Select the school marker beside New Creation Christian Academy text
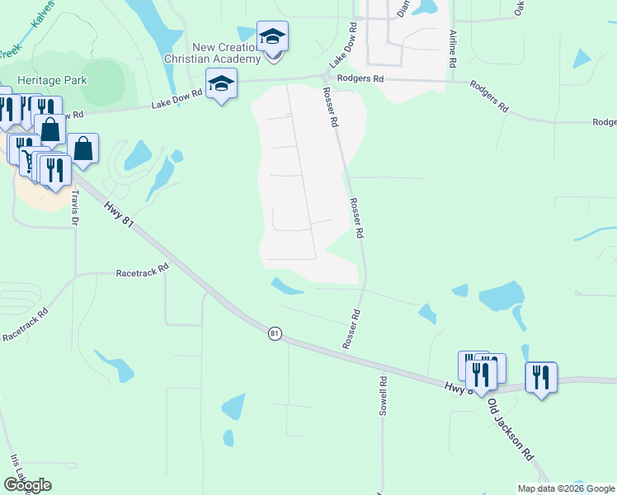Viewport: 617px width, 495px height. pos(272,38)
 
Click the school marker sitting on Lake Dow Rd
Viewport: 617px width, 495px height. pos(221,84)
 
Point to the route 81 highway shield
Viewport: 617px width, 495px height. pos(275,333)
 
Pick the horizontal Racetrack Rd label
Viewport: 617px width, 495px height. pos(142,269)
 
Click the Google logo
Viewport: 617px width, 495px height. pos(27,485)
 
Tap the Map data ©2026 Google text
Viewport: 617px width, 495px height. pos(566,488)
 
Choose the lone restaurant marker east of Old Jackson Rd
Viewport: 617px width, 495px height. pos(541,377)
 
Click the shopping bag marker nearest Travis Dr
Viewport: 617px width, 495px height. pos(83,148)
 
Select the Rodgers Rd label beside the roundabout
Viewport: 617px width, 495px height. pos(367,78)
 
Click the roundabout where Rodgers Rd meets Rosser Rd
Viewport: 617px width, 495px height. pos(323,78)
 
